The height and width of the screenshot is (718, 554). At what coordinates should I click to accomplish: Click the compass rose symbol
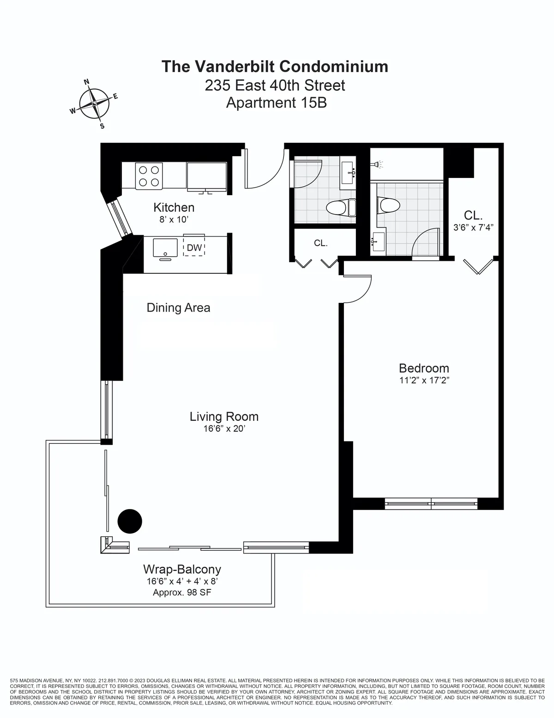tap(94, 104)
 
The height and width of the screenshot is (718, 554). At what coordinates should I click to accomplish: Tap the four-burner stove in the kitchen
tap(149, 176)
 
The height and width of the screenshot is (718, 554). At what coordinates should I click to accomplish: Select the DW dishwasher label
tap(194, 248)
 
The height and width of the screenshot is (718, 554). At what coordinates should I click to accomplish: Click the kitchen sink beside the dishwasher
tap(165, 247)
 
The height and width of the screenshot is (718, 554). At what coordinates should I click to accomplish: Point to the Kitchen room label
tap(174, 208)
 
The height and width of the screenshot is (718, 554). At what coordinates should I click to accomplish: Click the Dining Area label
tap(178, 307)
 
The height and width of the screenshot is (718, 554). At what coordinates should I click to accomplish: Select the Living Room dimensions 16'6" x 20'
tap(224, 429)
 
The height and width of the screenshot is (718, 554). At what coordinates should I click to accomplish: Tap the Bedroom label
tap(424, 368)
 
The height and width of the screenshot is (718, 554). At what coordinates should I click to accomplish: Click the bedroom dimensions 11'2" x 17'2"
tap(424, 380)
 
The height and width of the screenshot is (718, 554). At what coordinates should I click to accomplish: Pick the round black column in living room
tap(130, 521)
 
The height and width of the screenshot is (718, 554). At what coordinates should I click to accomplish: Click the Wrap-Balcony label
tap(182, 569)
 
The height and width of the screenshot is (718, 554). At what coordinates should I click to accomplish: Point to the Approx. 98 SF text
tap(182, 592)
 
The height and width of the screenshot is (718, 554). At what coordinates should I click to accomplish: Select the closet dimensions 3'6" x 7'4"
tap(473, 227)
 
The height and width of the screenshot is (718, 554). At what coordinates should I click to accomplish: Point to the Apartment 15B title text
tap(276, 102)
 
